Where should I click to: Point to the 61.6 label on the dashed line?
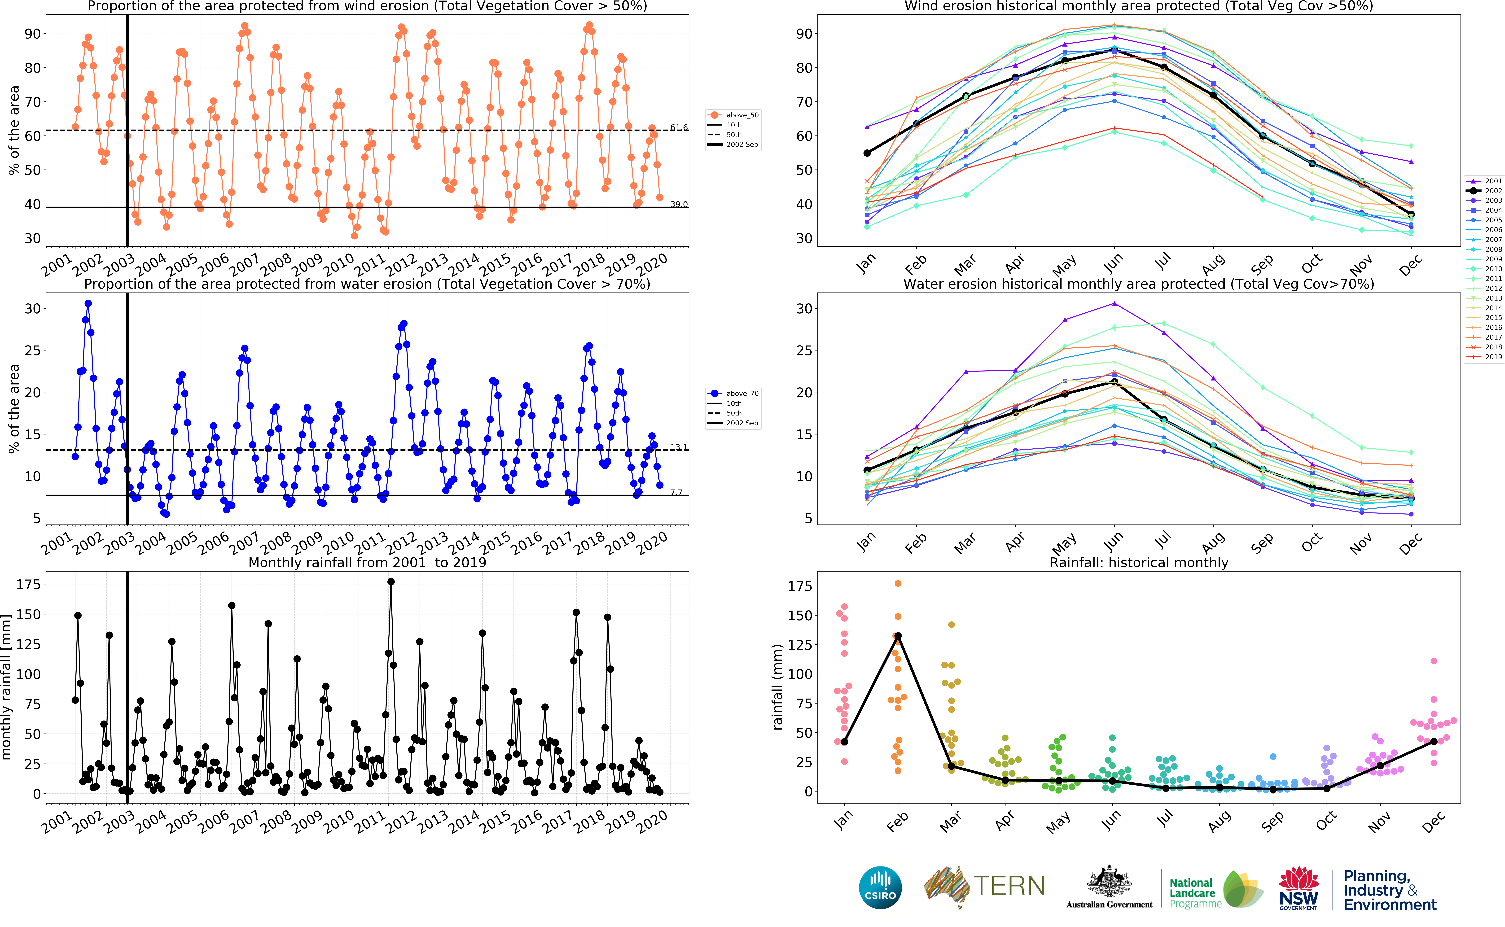pos(679,127)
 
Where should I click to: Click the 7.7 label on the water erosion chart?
pos(676,492)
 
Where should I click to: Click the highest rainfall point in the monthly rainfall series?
pos(391,582)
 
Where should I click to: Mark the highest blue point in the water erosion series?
pos(88,303)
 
